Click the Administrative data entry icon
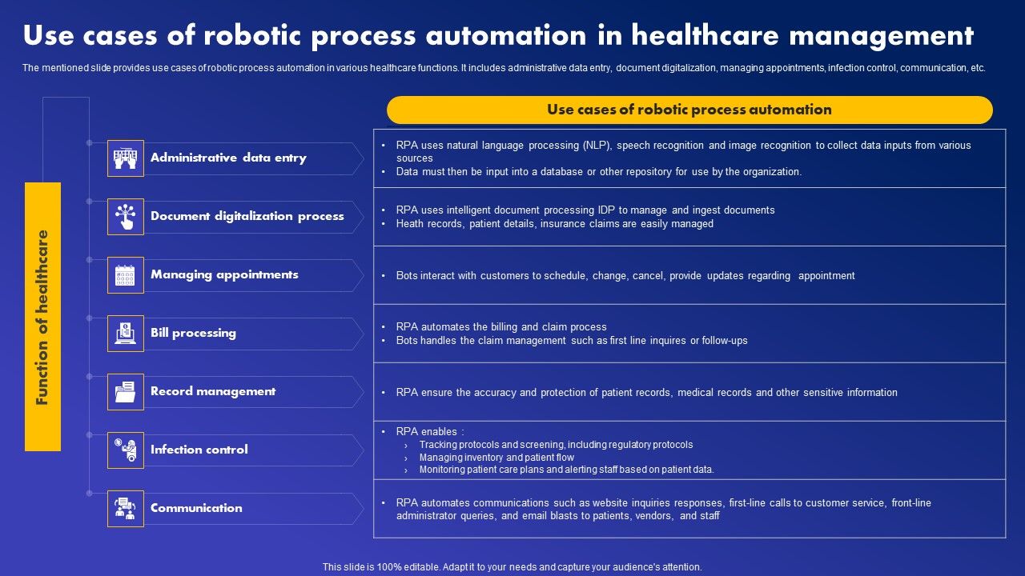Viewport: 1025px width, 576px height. click(126, 158)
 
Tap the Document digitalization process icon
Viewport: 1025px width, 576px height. click(126, 217)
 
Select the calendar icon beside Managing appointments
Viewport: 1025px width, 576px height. click(126, 275)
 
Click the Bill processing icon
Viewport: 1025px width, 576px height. click(126, 334)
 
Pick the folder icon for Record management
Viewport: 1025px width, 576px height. click(126, 392)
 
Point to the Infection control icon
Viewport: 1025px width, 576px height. click(126, 450)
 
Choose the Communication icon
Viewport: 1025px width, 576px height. click(126, 509)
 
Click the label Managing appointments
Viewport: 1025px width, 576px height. click(224, 274)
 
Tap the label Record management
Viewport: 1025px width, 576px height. click(213, 391)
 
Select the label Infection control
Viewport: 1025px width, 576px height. click(199, 450)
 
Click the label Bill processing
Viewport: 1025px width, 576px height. click(193, 333)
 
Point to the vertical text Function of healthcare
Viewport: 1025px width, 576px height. click(43, 317)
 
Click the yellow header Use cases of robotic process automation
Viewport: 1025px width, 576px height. click(689, 110)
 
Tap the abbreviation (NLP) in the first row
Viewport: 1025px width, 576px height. click(595, 146)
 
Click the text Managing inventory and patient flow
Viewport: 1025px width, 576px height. click(496, 458)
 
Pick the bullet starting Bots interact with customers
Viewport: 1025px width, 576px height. click(625, 276)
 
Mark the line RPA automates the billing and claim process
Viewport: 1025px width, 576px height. click(501, 327)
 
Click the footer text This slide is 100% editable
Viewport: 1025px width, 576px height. click(512, 567)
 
